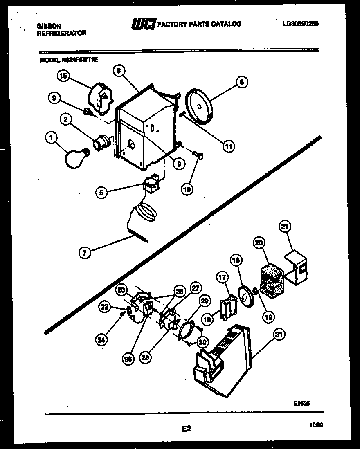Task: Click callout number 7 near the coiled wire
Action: pyautogui.click(x=84, y=253)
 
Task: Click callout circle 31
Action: pyautogui.click(x=279, y=335)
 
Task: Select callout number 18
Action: pyautogui.click(x=236, y=260)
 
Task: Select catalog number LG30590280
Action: pyautogui.click(x=301, y=24)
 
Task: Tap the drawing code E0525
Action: pyautogui.click(x=302, y=403)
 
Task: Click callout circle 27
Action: pyautogui.click(x=196, y=287)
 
